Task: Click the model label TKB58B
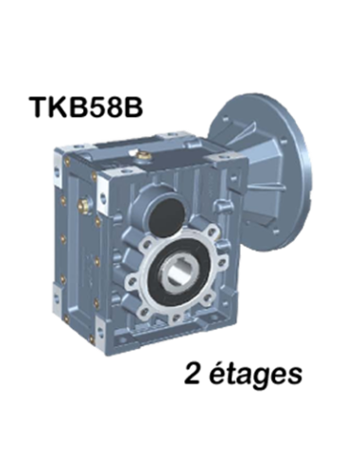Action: point(86,106)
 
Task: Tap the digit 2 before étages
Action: point(193,373)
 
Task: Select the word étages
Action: point(255,375)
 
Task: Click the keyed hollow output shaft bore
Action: point(177,272)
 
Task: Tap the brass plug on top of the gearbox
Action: point(145,155)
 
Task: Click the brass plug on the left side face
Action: point(84,206)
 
